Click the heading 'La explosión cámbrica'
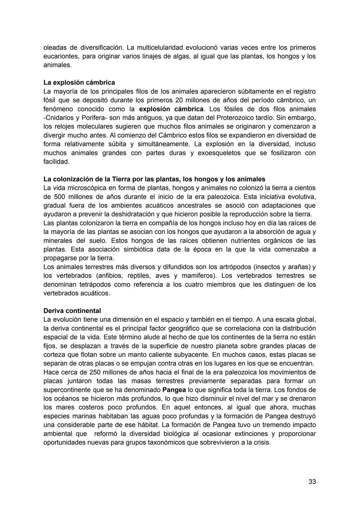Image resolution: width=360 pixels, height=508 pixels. [79, 82]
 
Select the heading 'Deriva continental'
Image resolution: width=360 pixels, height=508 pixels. [72, 310]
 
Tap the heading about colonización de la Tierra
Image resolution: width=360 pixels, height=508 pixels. [154, 179]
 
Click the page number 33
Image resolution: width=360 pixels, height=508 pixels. [312, 481]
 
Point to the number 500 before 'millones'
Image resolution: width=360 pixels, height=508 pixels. [62, 197]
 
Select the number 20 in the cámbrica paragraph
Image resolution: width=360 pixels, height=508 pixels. [179, 100]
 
